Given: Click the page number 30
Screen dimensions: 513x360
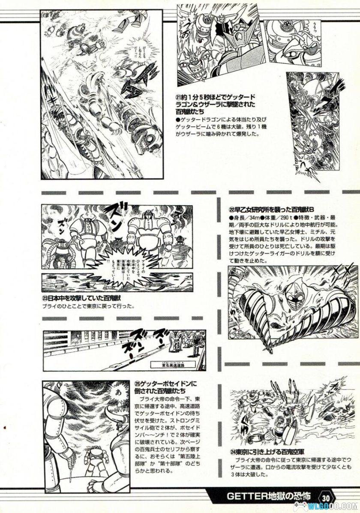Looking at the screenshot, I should click(327, 498).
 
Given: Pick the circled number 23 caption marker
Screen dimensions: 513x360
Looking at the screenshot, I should click(45, 299).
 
